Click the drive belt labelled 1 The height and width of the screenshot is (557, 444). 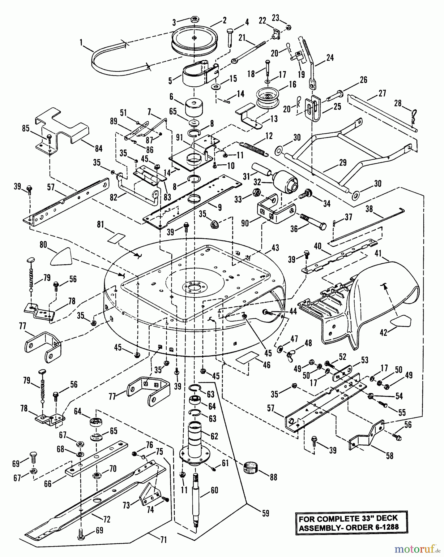pos(102,63)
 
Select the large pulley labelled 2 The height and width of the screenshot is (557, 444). pos(193,40)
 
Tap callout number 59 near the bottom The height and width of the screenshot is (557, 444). pos(265,513)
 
